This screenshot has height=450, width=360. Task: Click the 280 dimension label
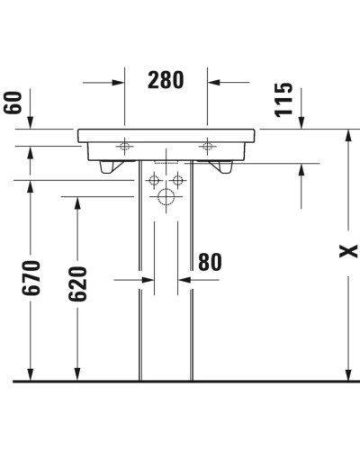(166, 81)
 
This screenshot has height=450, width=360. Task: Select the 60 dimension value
(13, 101)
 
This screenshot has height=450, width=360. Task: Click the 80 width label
(209, 262)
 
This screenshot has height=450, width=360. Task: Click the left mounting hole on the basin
(124, 143)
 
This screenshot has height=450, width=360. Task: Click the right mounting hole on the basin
(209, 143)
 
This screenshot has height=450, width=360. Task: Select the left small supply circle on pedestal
(152, 176)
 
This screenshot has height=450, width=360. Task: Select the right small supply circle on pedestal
(178, 176)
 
